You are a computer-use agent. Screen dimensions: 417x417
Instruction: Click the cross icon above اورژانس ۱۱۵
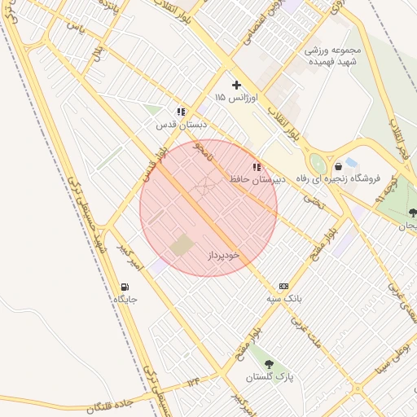tap(237, 85)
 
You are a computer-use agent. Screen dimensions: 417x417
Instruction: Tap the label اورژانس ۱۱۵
tap(236, 97)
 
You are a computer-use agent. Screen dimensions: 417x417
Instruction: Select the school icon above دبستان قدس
tap(180, 112)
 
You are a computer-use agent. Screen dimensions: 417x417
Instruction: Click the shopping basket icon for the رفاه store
tap(338, 166)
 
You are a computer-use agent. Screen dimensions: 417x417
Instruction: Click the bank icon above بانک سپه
tap(283, 286)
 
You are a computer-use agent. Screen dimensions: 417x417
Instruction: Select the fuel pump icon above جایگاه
tap(125, 287)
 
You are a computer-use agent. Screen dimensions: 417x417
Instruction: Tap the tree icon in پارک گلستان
tap(269, 364)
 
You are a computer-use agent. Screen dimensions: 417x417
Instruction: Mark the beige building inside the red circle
tap(182, 244)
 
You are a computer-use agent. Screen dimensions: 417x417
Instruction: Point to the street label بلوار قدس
tap(154, 164)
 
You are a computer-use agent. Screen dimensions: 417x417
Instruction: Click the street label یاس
tap(76, 26)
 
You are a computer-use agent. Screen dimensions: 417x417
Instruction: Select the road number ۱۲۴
tap(192, 381)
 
